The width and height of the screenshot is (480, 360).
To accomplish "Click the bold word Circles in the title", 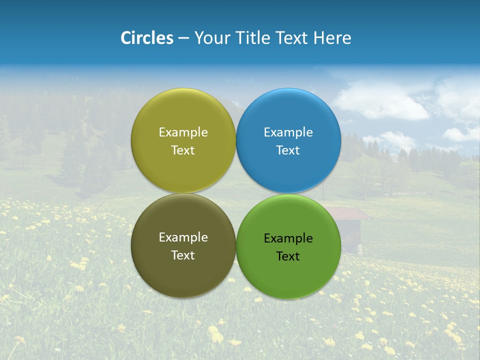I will coord(147,37).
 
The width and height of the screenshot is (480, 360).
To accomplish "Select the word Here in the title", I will coord(332,37).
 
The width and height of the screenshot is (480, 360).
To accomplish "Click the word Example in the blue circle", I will coord(288,132).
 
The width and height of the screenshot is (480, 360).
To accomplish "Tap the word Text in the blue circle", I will coord(288,150).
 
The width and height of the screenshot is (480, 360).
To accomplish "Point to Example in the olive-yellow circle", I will coord(183,132).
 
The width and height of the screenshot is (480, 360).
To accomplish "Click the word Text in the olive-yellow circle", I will coord(183,150).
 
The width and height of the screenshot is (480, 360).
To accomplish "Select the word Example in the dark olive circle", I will coord(183,237).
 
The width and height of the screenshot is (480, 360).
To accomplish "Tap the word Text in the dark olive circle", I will coord(183,255).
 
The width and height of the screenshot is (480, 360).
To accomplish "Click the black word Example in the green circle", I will coord(288,238).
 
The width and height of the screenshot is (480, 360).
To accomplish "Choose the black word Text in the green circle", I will coord(288,256).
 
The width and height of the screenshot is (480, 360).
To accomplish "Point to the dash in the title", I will coord(183,38).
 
